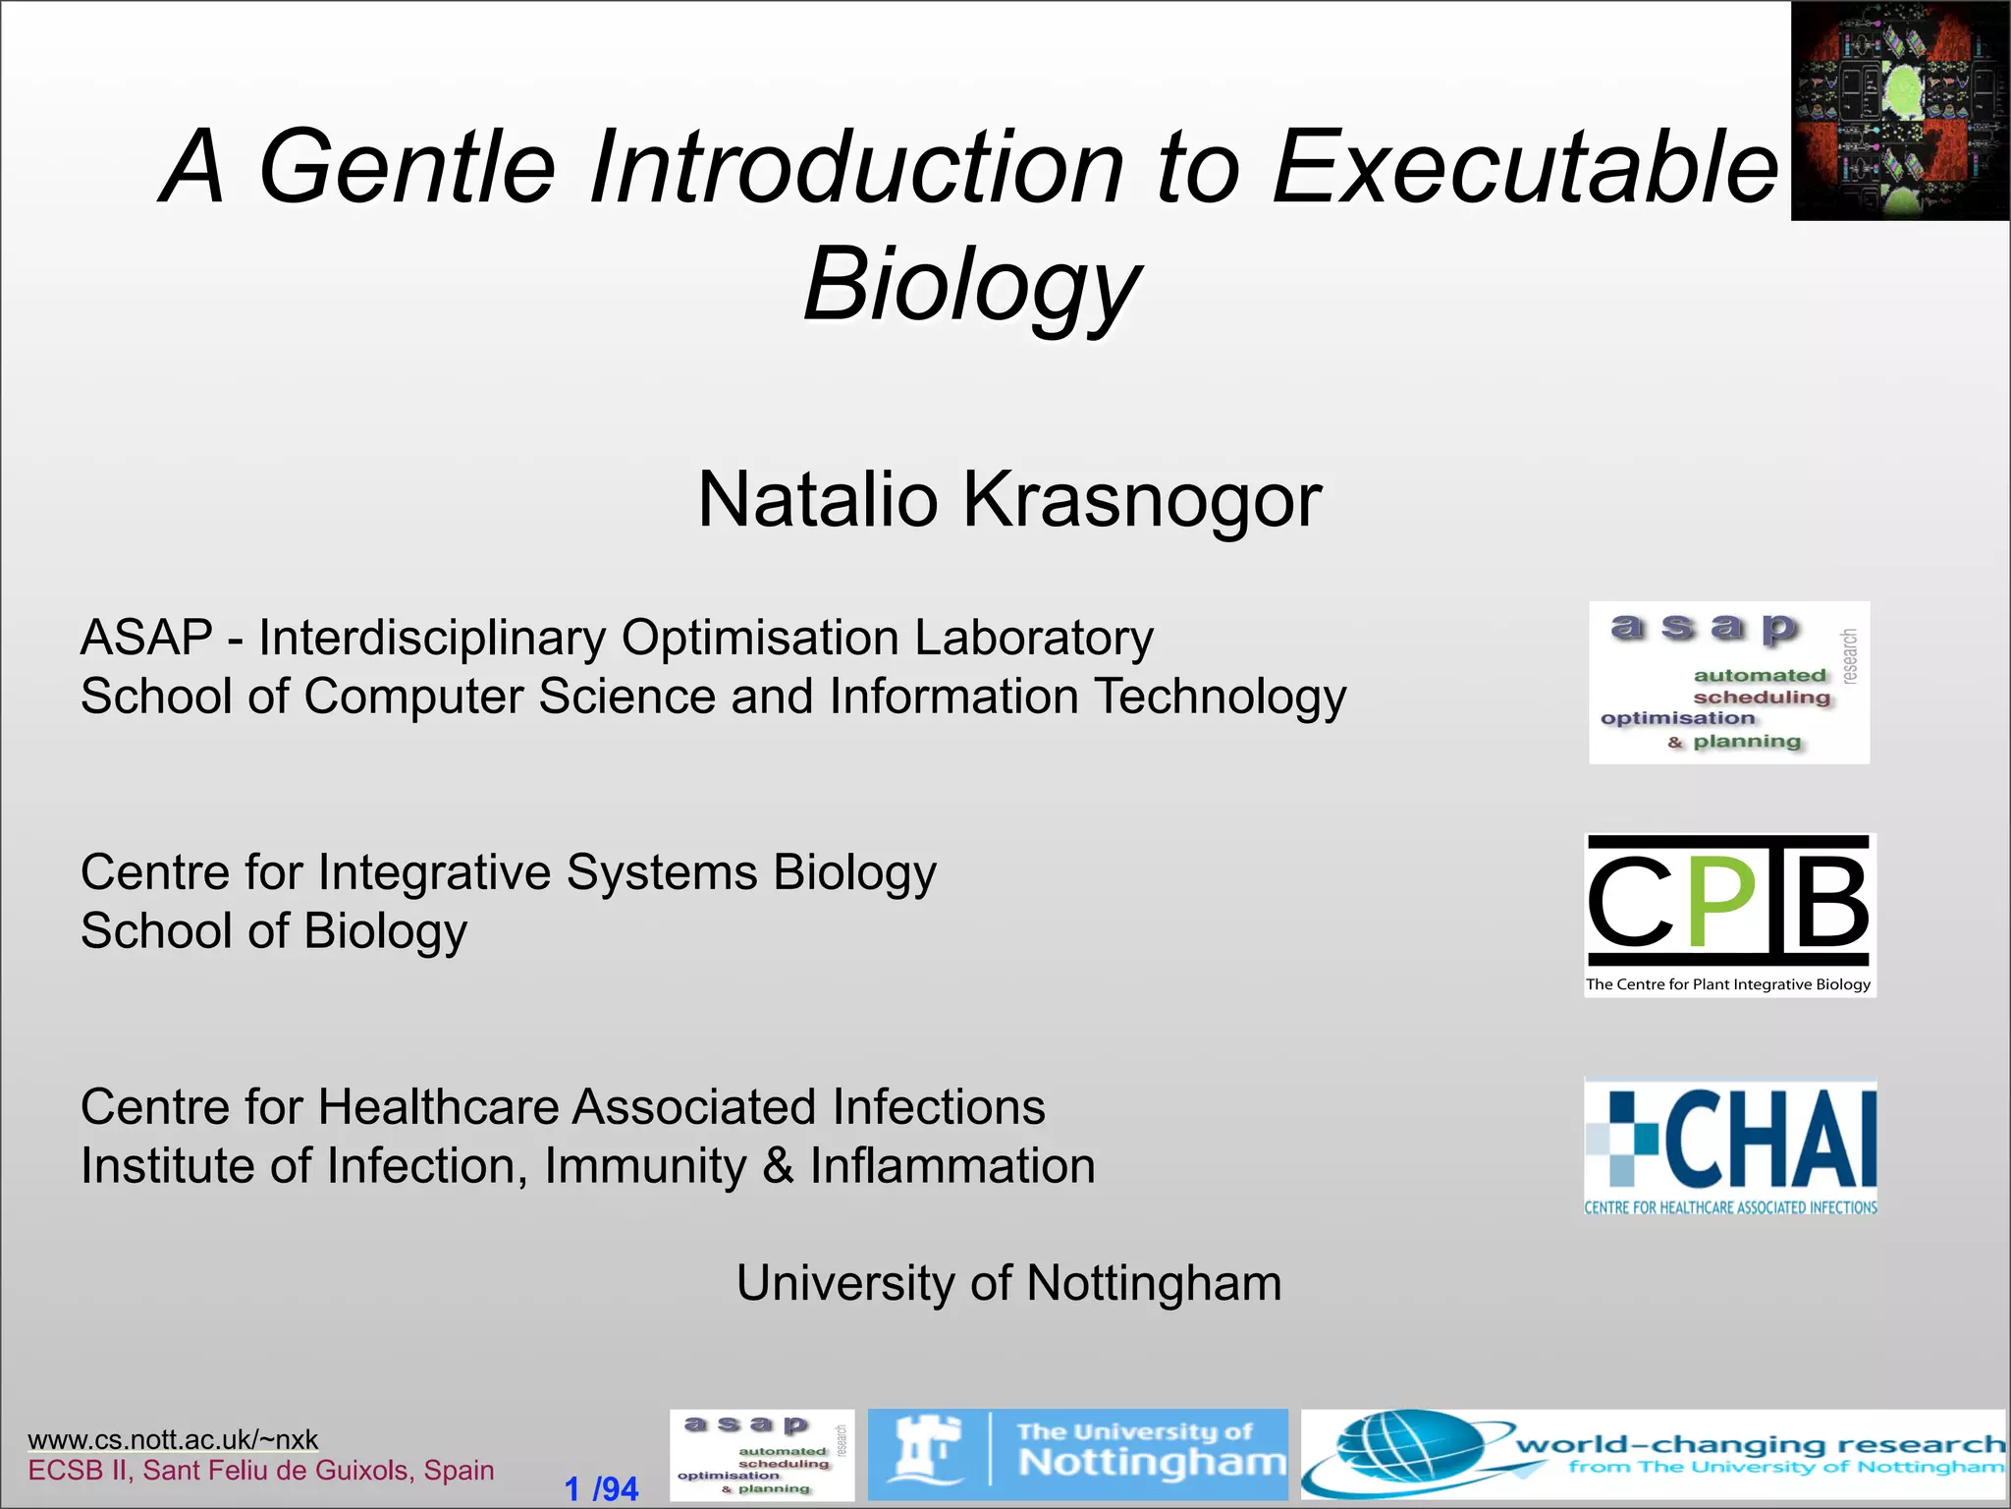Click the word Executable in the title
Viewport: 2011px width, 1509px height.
point(1525,167)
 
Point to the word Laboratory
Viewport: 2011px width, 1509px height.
point(1034,639)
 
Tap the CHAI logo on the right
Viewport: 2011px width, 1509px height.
point(1730,1147)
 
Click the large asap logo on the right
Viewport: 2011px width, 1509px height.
point(1729,682)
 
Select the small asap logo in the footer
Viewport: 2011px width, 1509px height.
point(762,1455)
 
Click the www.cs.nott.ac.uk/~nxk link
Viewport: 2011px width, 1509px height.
point(173,1439)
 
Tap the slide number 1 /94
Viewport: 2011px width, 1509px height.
point(601,1488)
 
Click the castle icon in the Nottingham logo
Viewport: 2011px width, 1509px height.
point(924,1452)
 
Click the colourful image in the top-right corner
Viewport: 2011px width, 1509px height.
point(1900,110)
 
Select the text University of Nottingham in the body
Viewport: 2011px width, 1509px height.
point(1008,1283)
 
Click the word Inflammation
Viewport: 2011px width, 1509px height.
point(951,1166)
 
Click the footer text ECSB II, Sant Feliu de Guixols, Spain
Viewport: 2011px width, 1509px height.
point(260,1471)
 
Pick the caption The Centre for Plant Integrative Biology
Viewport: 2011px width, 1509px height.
point(1728,984)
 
